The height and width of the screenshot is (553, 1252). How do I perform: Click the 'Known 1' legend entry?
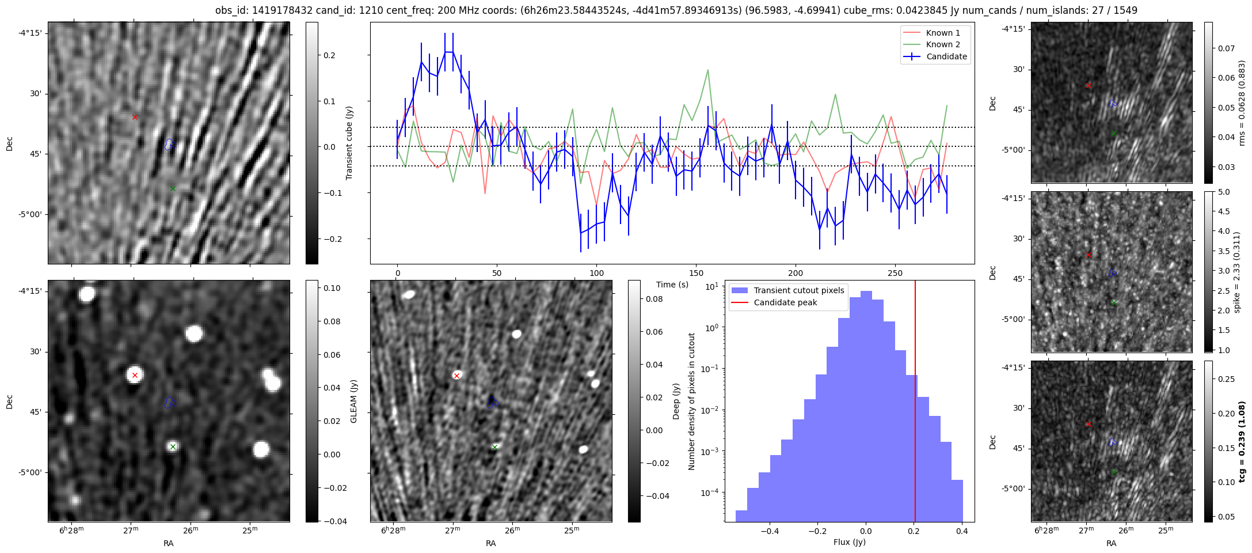[943, 33]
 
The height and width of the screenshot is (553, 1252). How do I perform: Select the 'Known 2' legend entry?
[943, 44]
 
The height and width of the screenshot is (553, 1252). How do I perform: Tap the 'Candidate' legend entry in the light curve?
[946, 56]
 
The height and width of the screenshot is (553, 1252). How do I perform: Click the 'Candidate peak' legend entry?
[785, 302]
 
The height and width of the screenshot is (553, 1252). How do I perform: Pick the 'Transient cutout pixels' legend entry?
[798, 290]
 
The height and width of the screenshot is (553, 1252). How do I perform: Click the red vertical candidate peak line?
[915, 403]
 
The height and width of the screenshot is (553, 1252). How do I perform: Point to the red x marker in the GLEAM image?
[135, 375]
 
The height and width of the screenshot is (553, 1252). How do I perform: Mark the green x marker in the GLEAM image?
[173, 446]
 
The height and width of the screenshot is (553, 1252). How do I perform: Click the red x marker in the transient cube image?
[135, 117]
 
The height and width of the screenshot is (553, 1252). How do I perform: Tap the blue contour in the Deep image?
[492, 403]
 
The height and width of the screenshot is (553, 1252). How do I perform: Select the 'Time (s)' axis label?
[672, 285]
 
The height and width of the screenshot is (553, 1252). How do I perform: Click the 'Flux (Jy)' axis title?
[849, 542]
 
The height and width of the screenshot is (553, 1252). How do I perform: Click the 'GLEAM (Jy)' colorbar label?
[353, 401]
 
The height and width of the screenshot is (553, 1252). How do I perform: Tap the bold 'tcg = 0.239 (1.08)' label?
[1242, 442]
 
